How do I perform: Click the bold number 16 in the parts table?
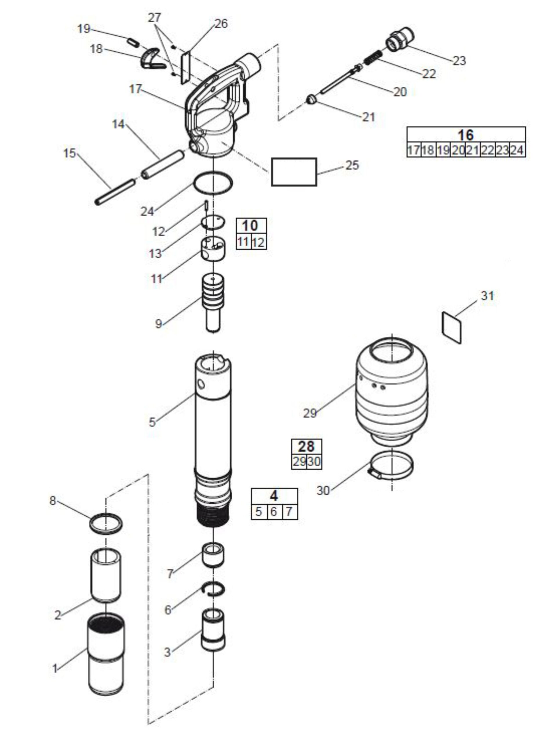click(466, 135)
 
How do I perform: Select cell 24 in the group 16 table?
click(517, 150)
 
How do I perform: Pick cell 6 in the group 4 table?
click(274, 512)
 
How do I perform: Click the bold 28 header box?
click(307, 446)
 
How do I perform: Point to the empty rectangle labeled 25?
click(294, 172)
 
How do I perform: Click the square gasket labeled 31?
click(452, 327)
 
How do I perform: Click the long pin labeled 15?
click(115, 192)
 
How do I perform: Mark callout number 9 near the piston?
click(158, 324)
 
